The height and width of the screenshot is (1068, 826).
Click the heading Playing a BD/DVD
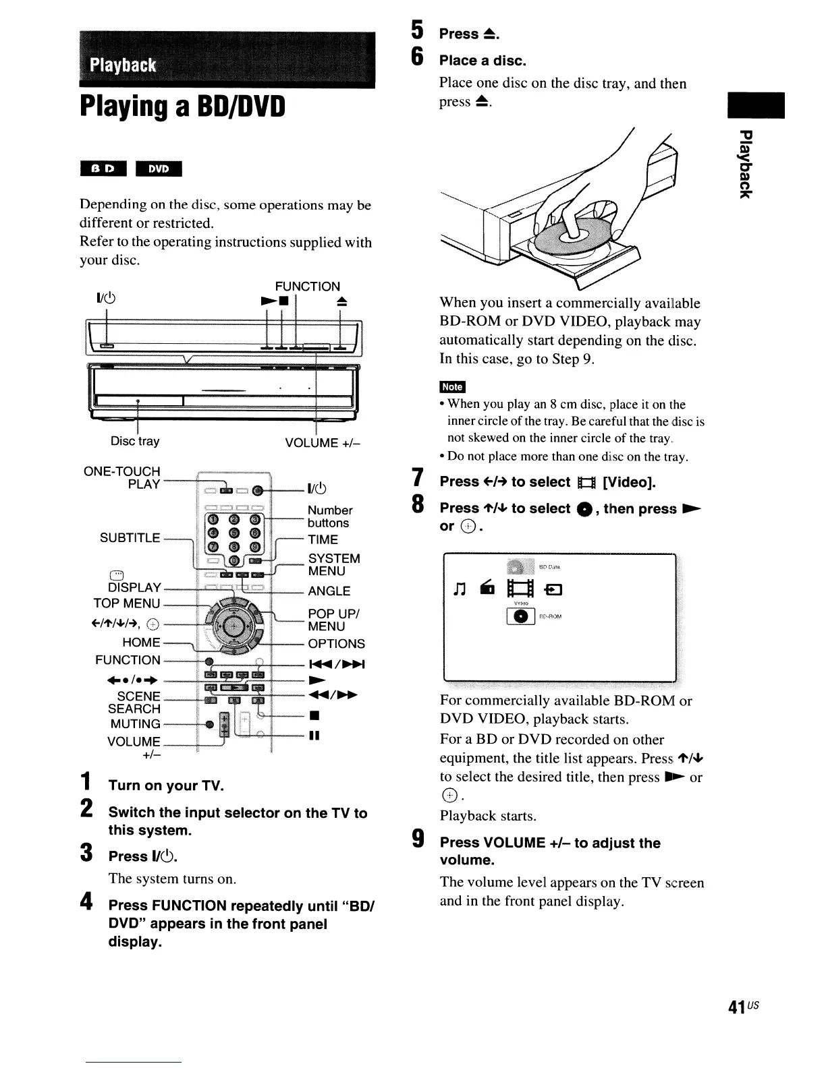pyautogui.click(x=182, y=106)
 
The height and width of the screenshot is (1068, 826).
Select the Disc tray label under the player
pyautogui.click(x=135, y=441)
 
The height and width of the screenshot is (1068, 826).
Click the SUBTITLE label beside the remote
pyautogui.click(x=130, y=537)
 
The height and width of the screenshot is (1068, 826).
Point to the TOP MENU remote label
pyautogui.click(x=127, y=603)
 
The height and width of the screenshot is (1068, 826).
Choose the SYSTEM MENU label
pyautogui.click(x=333, y=564)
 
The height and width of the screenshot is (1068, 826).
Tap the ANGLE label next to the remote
pyautogui.click(x=329, y=591)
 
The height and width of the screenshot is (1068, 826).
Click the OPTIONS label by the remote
pyautogui.click(x=336, y=643)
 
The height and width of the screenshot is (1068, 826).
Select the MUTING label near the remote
pyautogui.click(x=135, y=723)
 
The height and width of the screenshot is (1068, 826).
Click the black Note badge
pyautogui.click(x=451, y=386)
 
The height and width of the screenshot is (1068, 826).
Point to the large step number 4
pyautogui.click(x=86, y=902)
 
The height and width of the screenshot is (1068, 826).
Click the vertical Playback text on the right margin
pyautogui.click(x=744, y=165)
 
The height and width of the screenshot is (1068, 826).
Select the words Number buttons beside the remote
pyautogui.click(x=329, y=516)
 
